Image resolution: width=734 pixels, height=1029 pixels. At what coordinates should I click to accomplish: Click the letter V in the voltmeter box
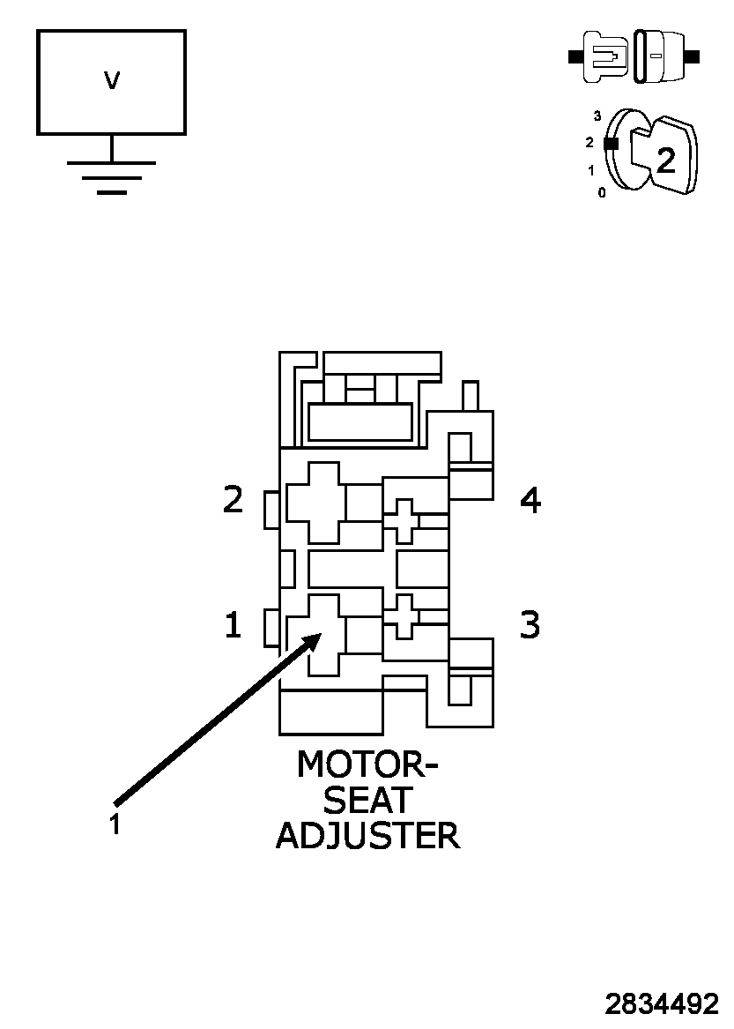(x=111, y=82)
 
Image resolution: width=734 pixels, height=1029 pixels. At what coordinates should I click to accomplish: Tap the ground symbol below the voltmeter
(x=111, y=175)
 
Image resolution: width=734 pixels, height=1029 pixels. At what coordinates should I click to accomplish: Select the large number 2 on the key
(x=666, y=160)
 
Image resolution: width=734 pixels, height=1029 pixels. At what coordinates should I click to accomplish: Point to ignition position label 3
(x=597, y=116)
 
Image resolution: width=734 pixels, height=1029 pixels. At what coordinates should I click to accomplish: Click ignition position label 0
(x=602, y=192)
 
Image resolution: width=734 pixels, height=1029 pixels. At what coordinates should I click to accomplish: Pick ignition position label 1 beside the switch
(x=592, y=170)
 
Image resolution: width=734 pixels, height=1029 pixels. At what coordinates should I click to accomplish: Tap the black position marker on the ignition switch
(x=610, y=143)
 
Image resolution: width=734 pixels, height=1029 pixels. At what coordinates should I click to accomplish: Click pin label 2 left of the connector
(x=233, y=500)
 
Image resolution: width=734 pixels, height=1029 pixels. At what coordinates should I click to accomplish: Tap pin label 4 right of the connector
(x=530, y=500)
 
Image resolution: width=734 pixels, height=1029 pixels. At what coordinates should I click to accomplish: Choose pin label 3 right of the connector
(x=529, y=624)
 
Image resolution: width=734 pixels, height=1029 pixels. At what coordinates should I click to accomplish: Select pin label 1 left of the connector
(x=232, y=625)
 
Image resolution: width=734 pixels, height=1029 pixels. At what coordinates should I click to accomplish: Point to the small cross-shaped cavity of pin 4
(x=404, y=520)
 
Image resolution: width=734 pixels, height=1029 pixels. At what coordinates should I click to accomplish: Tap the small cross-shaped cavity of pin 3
(x=404, y=615)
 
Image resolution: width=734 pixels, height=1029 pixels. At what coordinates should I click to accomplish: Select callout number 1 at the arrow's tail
(x=115, y=824)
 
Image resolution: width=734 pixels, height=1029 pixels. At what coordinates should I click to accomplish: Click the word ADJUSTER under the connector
(x=367, y=835)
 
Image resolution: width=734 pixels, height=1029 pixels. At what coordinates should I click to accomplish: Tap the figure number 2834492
(x=662, y=1003)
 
